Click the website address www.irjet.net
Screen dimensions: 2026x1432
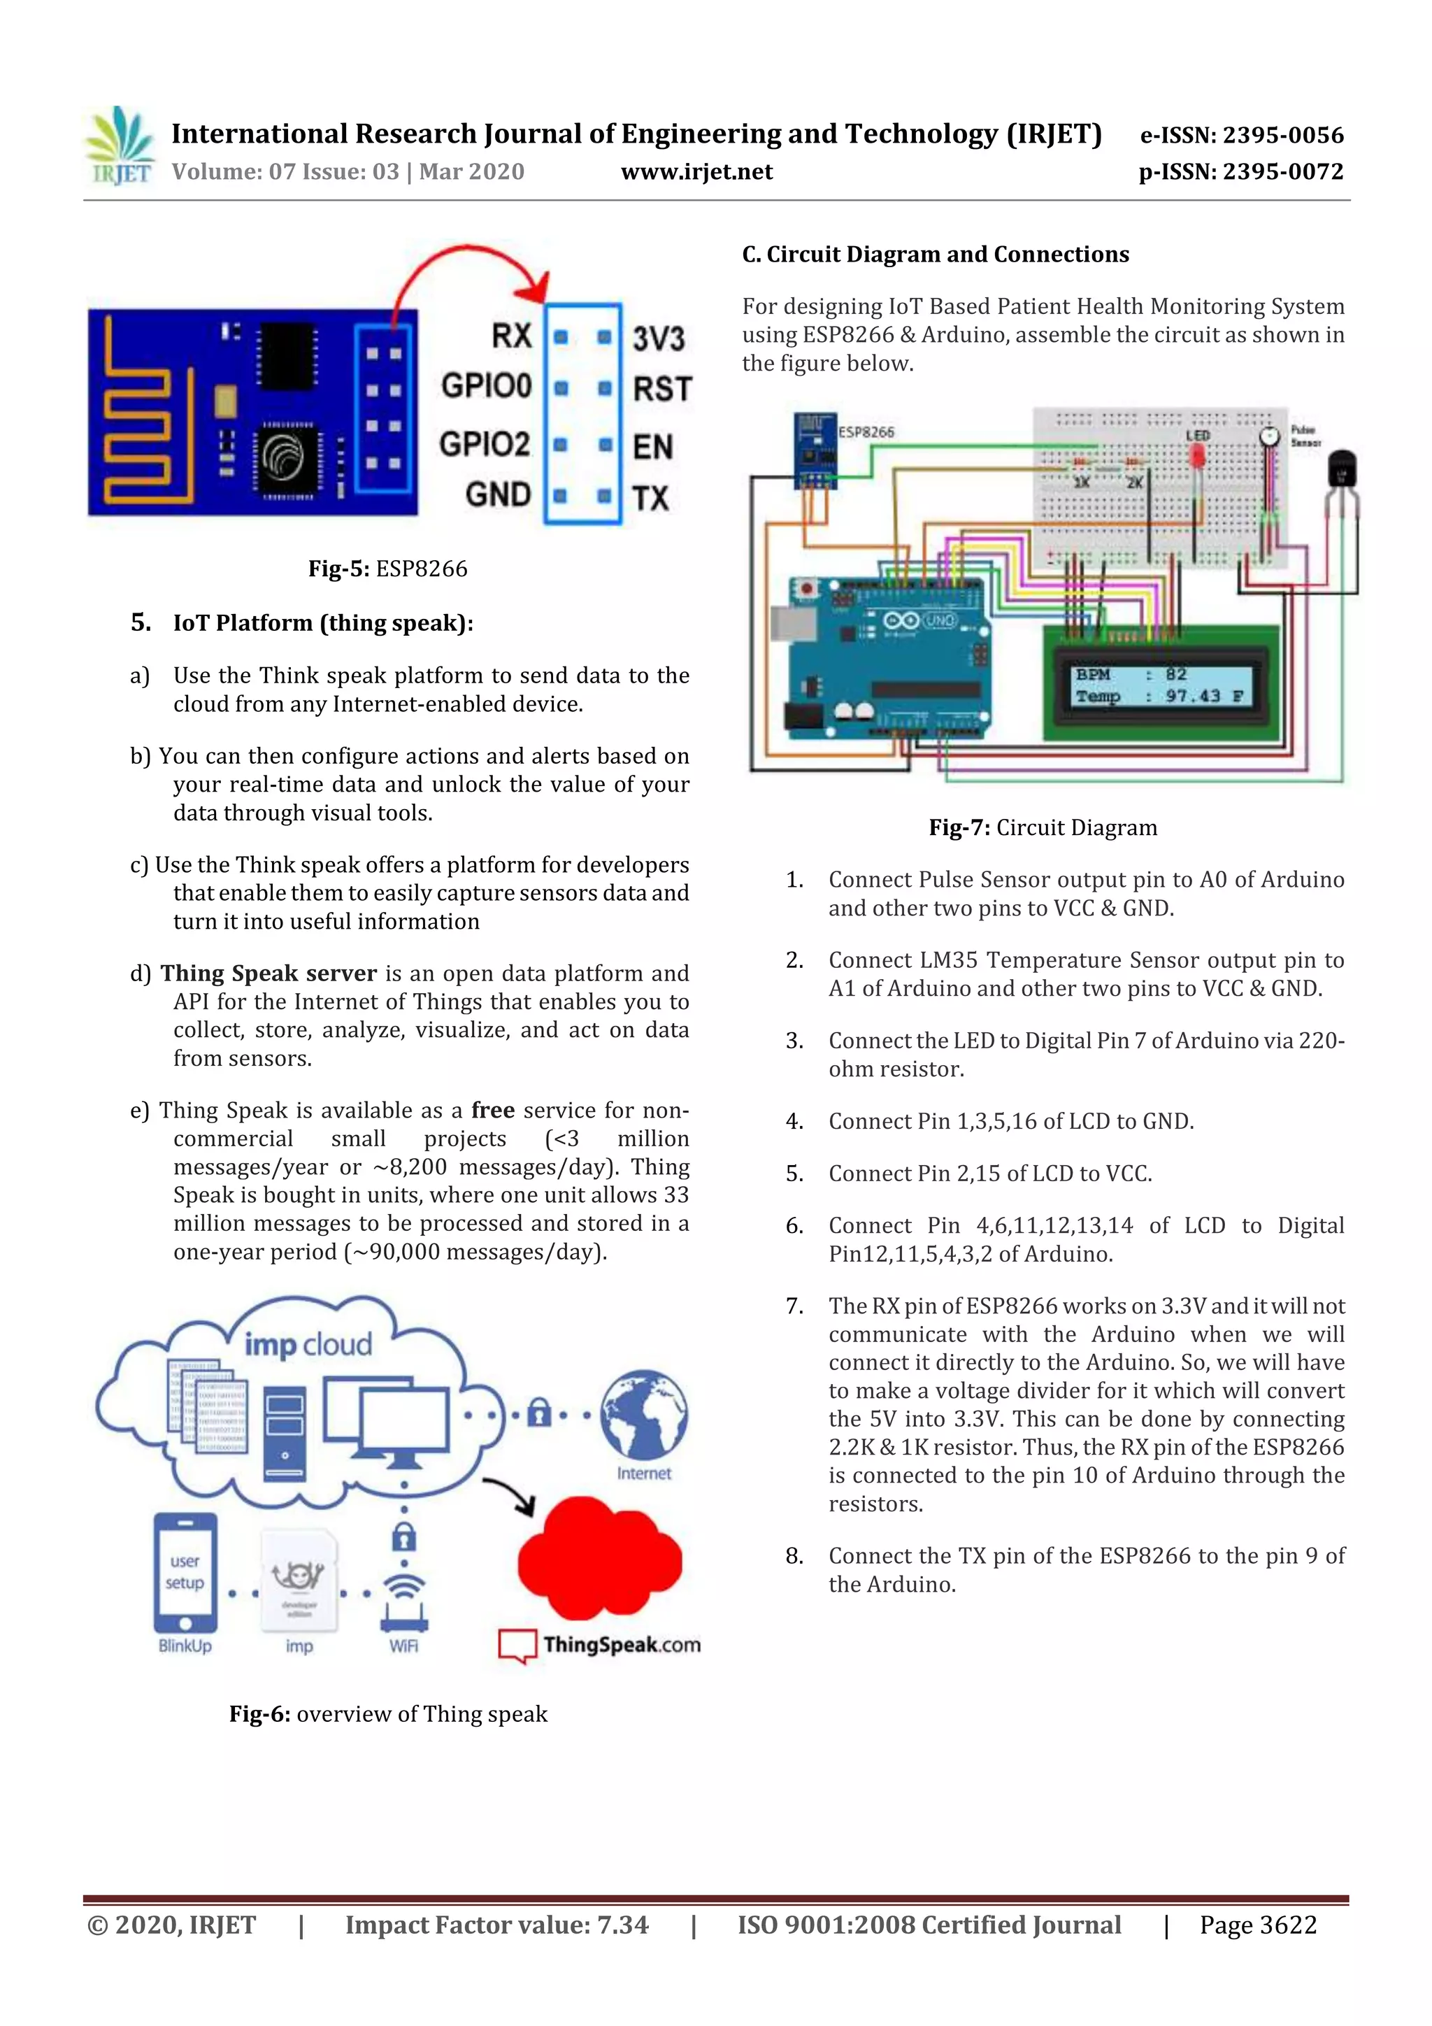pyautogui.click(x=696, y=172)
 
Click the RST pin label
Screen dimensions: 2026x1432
pyautogui.click(x=661, y=389)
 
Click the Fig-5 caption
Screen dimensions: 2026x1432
pyautogui.click(x=387, y=569)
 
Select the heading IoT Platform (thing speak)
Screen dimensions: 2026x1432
pyautogui.click(x=323, y=623)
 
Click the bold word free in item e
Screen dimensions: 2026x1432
pyautogui.click(x=492, y=1110)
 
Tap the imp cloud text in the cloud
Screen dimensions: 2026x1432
pyautogui.click(x=308, y=1345)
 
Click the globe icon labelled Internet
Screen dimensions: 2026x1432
pyautogui.click(x=644, y=1415)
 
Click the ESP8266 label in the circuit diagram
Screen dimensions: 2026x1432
pyautogui.click(x=866, y=432)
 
